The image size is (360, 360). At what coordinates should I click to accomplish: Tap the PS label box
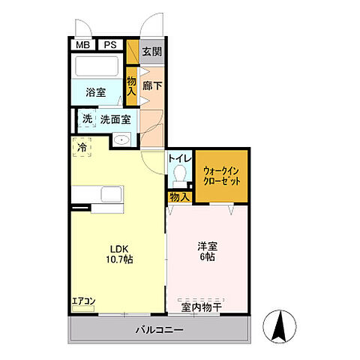click(110, 44)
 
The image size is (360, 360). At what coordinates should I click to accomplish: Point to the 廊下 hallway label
click(153, 85)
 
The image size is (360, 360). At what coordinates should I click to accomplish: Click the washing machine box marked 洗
click(86, 118)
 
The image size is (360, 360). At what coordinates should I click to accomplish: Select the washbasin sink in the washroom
click(122, 139)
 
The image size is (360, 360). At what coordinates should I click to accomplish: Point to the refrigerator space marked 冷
click(81, 148)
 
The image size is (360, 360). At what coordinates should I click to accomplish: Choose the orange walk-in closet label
click(221, 175)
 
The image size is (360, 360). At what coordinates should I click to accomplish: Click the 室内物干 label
click(201, 306)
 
